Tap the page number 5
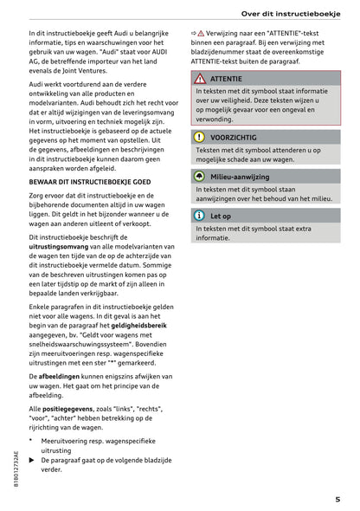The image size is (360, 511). click(x=337, y=499)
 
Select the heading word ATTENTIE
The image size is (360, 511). click(x=228, y=79)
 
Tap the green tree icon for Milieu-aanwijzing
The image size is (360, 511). click(x=199, y=176)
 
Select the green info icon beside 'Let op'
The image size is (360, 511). click(x=199, y=216)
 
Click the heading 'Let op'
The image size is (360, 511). click(x=221, y=216)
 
